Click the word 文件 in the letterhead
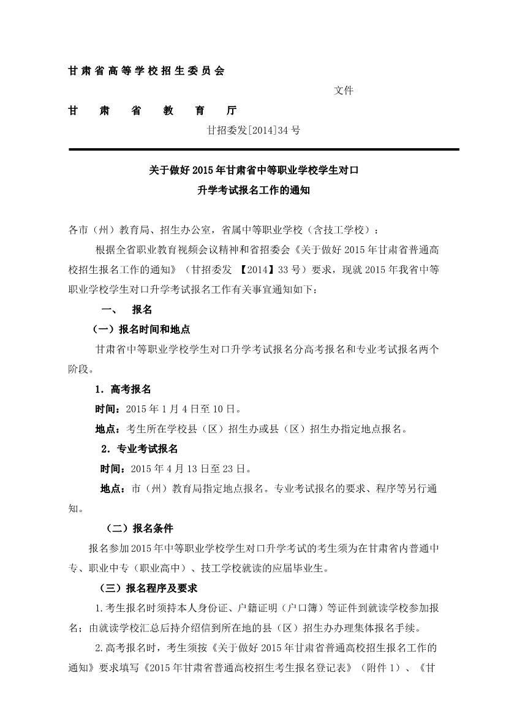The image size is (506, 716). (343, 91)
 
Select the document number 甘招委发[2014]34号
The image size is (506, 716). (254, 130)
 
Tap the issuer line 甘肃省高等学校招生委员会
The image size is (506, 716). (146, 71)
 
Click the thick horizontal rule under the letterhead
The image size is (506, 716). (263, 149)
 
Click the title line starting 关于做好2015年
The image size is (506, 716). (254, 170)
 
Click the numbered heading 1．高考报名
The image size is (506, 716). (123, 389)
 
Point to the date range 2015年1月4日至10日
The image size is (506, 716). (183, 409)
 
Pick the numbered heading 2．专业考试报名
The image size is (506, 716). (139, 449)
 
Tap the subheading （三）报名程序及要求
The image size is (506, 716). (148, 588)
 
